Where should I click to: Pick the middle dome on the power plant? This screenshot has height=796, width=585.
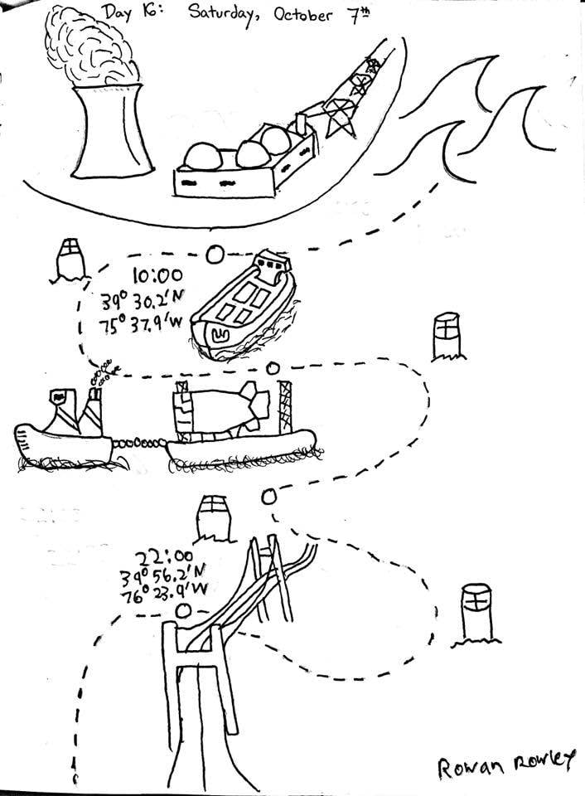[254, 154]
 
